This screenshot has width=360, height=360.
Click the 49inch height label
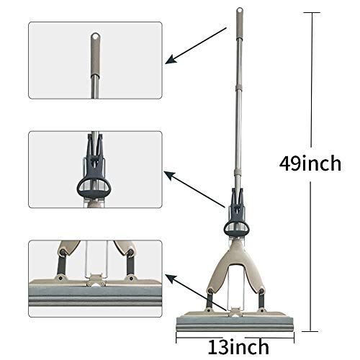tap(310, 163)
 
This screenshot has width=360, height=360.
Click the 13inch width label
tap(238, 347)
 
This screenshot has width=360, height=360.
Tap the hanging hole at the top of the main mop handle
tap(240, 10)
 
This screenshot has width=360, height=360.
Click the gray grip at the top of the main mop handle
tap(240, 22)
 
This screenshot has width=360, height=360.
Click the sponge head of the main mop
tap(235, 324)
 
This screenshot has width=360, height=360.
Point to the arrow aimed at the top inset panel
tap(196, 45)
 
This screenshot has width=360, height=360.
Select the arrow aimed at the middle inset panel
tap(194, 189)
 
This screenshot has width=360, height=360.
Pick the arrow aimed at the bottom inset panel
tap(197, 293)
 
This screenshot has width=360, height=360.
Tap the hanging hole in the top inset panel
tap(96, 37)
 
